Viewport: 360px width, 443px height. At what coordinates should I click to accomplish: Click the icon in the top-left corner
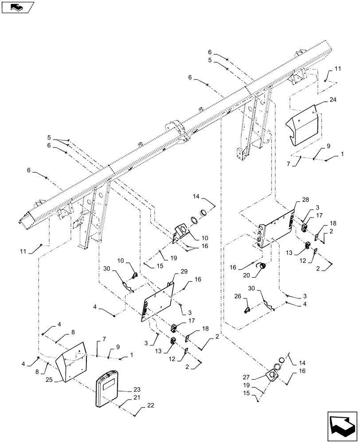click(x=17, y=7)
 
